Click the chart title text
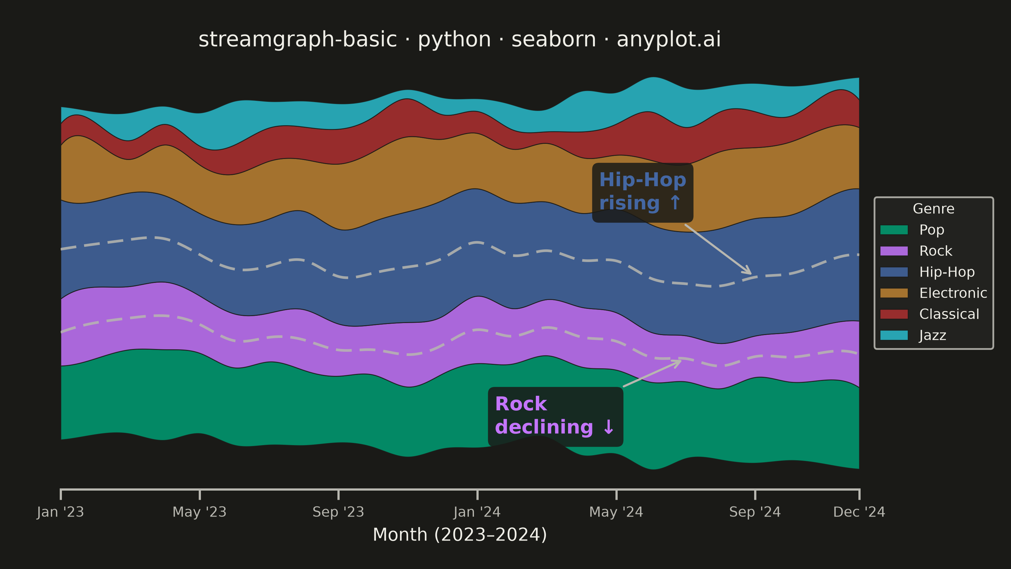tap(460, 40)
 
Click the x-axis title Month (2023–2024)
tap(460, 535)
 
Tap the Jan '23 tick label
tap(60, 512)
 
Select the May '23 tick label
tap(200, 512)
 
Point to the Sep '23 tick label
tap(338, 512)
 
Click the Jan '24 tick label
tap(477, 512)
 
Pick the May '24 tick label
tap(616, 512)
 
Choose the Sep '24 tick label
tap(755, 512)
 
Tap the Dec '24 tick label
tap(859, 512)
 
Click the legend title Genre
tap(934, 209)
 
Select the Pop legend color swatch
tap(894, 230)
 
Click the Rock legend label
tap(935, 251)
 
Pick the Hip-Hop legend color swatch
tap(894, 272)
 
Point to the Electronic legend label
tap(953, 293)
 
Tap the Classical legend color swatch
tap(894, 314)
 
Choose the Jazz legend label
tap(933, 336)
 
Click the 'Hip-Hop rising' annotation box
tap(643, 193)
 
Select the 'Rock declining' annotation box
tap(555, 417)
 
